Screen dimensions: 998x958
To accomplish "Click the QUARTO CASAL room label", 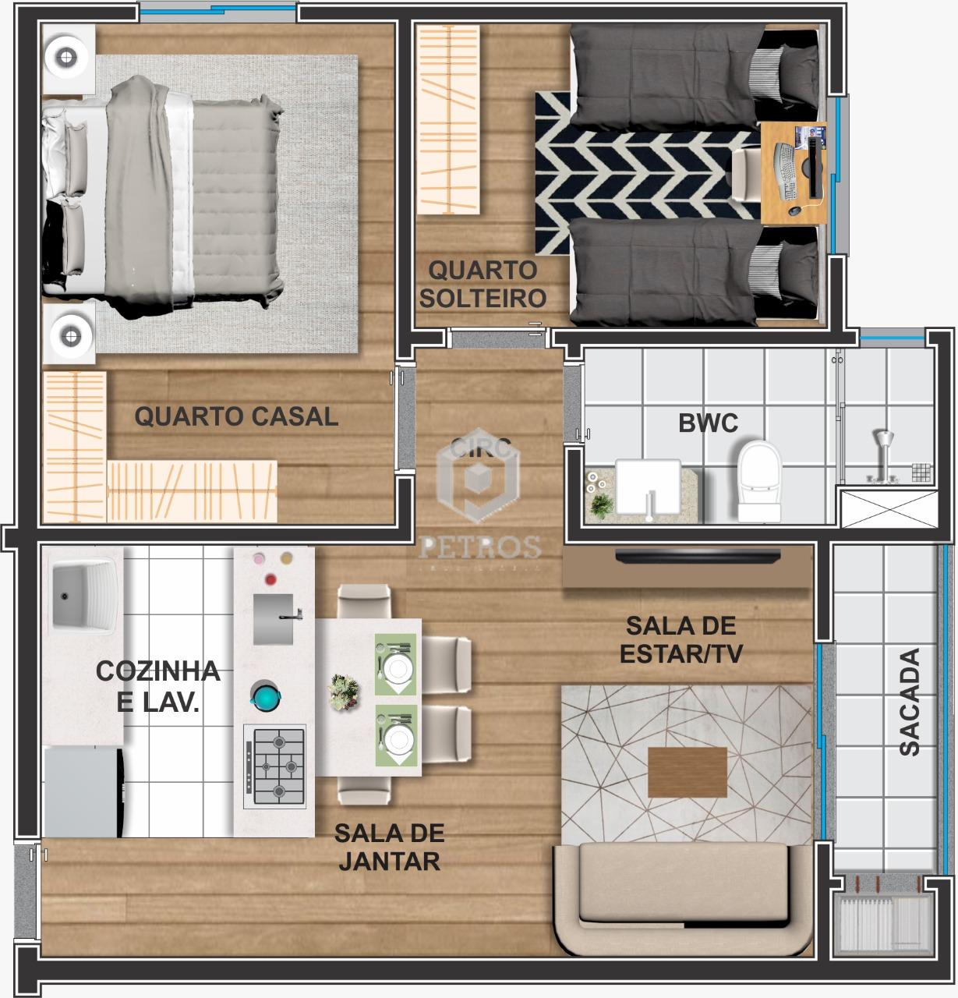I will coord(236,416).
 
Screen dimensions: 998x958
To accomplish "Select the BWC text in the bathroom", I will coord(708,423).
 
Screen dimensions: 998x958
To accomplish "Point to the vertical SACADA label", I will coord(909,701).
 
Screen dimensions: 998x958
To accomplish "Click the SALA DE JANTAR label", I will coord(389,847).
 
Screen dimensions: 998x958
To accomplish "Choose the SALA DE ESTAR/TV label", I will coord(680,639).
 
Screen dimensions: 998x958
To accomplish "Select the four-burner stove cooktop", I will coord(275,766).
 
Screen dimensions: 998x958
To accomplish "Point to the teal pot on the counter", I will coord(266,695).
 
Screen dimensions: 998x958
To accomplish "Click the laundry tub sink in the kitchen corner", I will coord(83,597).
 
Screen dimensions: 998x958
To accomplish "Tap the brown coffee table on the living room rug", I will coord(687,772).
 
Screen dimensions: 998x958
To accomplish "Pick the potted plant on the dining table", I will coord(344,692).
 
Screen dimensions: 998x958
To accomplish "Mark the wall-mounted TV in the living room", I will coord(697,556).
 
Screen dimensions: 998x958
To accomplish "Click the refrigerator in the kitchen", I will coord(82,791).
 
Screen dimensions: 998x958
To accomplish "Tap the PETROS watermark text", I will coord(479,547).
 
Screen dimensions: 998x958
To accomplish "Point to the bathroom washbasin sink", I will coord(648,487).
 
